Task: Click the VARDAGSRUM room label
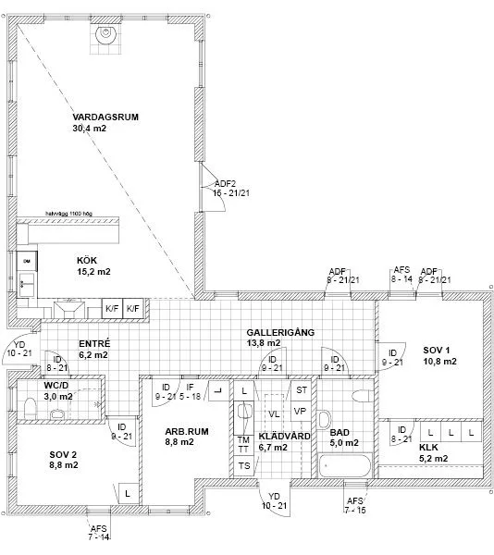[x=105, y=117]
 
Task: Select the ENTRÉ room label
[x=93, y=341]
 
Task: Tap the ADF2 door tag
[x=226, y=183]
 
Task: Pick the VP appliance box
[x=300, y=411]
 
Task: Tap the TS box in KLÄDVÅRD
[x=244, y=465]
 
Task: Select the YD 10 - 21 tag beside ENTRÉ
[x=19, y=349]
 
